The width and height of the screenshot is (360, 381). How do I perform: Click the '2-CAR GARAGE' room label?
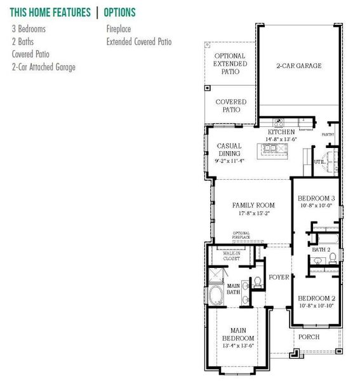click(x=298, y=66)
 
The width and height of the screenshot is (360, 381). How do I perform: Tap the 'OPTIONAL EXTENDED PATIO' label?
click(x=230, y=64)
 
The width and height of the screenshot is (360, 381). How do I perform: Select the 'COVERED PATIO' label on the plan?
click(x=230, y=105)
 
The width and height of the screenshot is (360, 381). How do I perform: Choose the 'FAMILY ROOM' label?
click(x=253, y=206)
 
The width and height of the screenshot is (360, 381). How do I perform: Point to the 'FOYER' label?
click(x=279, y=277)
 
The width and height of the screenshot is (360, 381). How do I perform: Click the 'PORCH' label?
click(x=309, y=337)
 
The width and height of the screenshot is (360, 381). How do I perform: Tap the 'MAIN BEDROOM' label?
click(x=237, y=334)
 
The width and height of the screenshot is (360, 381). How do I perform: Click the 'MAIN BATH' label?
click(x=234, y=289)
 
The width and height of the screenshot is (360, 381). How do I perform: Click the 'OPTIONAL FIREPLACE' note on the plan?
click(x=241, y=235)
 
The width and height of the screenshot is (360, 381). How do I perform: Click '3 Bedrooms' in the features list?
click(x=29, y=29)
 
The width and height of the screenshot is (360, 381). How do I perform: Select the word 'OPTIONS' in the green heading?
click(x=119, y=12)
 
